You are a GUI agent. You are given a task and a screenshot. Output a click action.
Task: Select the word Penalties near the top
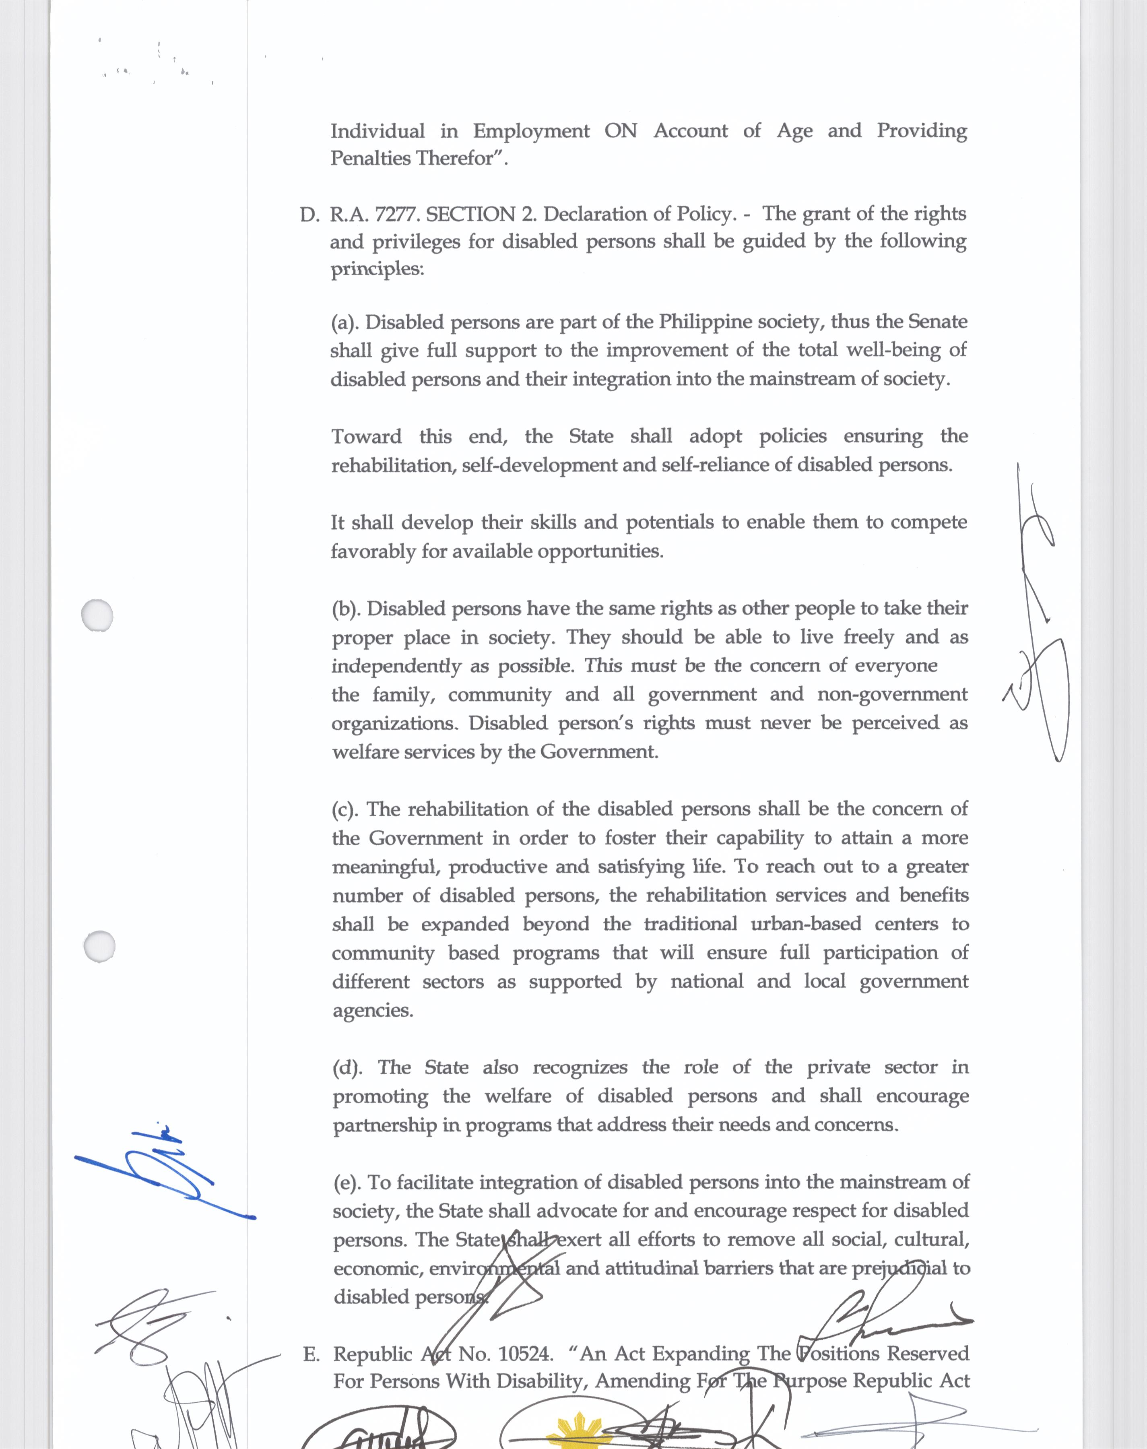(370, 159)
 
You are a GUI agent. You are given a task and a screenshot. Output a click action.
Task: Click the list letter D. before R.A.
(309, 215)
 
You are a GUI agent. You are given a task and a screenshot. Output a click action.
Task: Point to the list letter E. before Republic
(311, 1354)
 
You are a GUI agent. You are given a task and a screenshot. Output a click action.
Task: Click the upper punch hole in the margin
(97, 614)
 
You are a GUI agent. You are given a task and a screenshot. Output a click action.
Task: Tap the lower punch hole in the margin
(99, 946)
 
